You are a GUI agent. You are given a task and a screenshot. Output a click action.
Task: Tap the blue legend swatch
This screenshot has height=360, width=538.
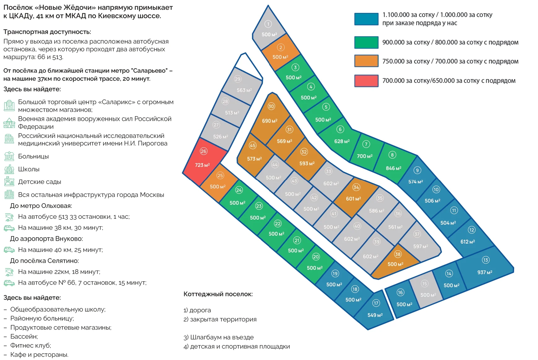point(366,19)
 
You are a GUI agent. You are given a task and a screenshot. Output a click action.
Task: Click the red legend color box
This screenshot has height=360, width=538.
point(366,81)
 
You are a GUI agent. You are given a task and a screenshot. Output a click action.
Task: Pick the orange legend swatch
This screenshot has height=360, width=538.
point(366,61)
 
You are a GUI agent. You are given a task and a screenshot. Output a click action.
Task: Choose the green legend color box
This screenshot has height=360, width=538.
point(366,42)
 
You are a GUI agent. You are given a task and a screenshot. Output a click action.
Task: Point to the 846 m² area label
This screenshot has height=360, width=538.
point(393,168)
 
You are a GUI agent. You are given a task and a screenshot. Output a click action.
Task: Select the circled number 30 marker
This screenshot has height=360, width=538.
point(271,106)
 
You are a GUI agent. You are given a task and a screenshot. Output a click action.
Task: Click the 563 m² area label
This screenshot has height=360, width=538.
point(244,90)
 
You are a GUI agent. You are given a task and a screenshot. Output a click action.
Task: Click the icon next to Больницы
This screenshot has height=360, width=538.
point(9,156)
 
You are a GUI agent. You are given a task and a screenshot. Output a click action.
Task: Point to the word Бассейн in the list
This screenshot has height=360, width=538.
point(24,336)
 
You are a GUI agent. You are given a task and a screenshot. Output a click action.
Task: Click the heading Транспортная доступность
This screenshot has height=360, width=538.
point(47,32)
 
